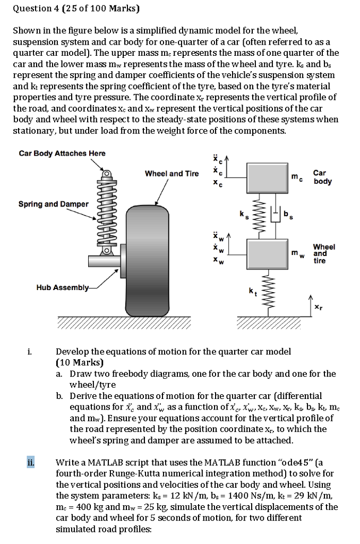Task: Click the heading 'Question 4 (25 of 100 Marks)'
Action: tap(75, 8)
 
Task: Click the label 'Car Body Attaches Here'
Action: tap(62, 154)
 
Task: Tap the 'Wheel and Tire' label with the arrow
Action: tap(172, 174)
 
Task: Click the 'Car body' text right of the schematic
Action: tap(322, 177)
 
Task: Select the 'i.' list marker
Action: tap(30, 352)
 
